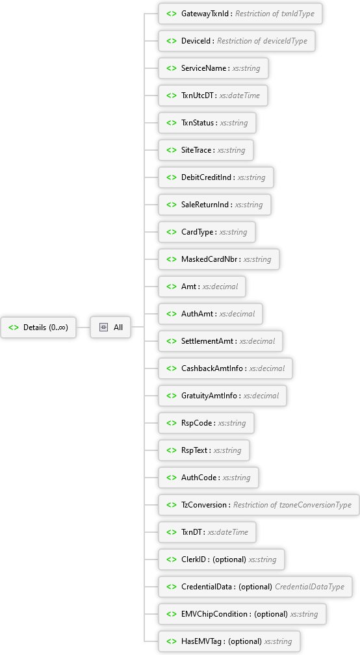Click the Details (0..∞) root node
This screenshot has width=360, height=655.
(x=38, y=327)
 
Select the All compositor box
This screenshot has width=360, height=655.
(x=110, y=327)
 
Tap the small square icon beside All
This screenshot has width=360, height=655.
(x=103, y=327)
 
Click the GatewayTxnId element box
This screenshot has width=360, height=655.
(x=240, y=14)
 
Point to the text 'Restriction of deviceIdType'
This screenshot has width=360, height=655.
(x=262, y=41)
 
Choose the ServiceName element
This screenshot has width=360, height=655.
(x=213, y=68)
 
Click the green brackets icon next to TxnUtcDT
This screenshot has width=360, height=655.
(x=172, y=96)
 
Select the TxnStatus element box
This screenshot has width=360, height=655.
(x=207, y=123)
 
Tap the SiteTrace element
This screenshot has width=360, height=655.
(x=206, y=150)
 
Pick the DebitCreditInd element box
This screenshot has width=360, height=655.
(x=216, y=177)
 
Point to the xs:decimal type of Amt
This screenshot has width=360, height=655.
(x=220, y=287)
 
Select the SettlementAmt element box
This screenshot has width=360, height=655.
(x=220, y=341)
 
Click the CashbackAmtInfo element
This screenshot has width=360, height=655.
(x=225, y=368)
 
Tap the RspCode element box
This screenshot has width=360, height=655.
(x=206, y=423)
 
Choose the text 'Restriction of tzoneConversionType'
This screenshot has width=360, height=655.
(x=292, y=505)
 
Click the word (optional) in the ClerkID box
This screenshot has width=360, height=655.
(x=229, y=559)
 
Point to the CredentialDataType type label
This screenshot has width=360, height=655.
(x=309, y=587)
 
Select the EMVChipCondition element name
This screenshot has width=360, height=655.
(x=214, y=614)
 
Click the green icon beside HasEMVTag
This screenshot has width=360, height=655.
(x=172, y=641)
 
